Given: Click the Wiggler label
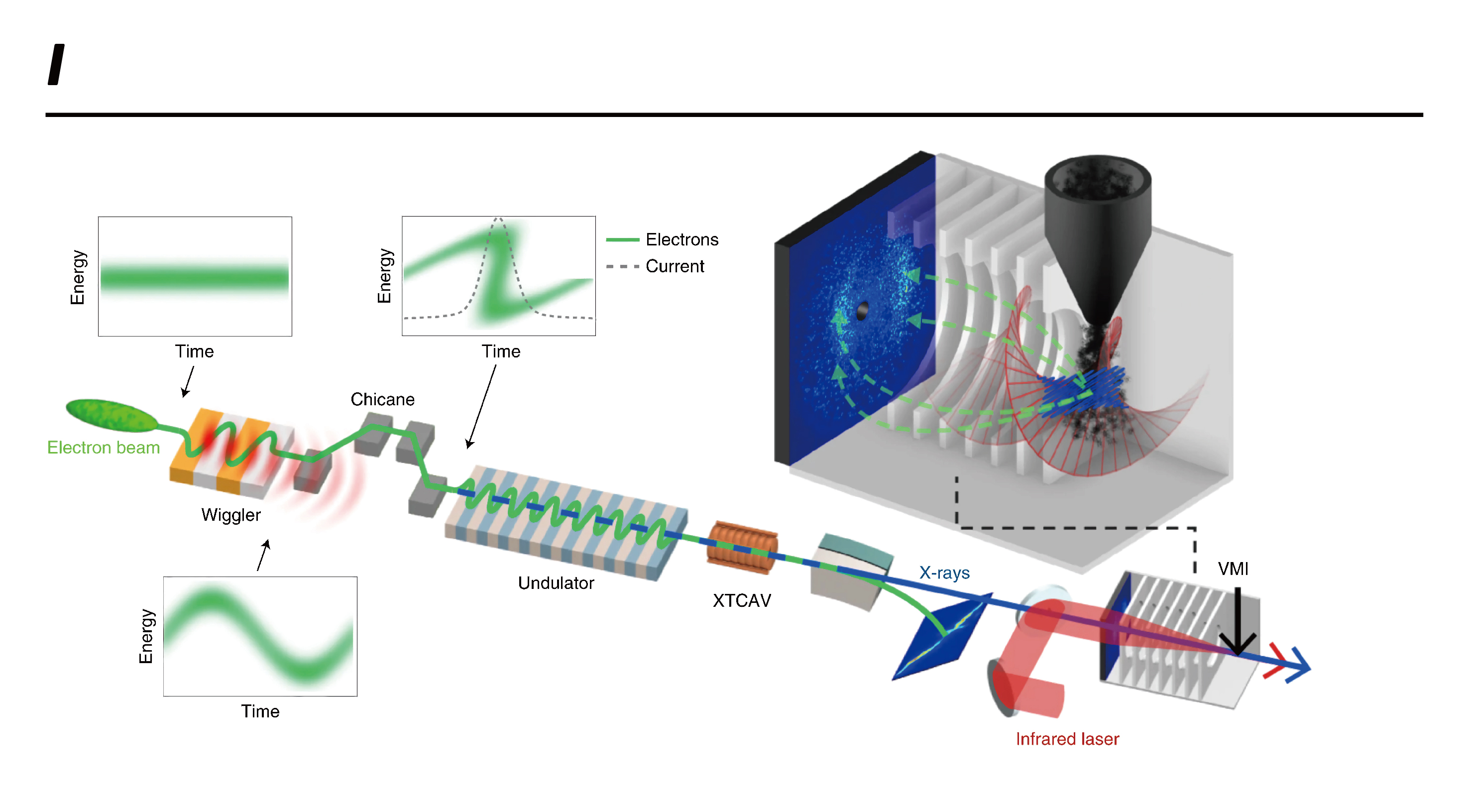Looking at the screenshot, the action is (231, 515).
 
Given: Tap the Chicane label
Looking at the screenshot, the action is (383, 399).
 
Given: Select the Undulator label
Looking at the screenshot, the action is (556, 583).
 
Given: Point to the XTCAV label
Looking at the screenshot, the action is (742, 600).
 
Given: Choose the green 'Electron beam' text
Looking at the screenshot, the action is (103, 448).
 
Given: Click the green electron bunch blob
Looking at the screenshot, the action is (112, 415).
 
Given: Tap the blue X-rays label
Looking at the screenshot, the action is (944, 573).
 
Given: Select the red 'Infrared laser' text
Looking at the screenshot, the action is (1068, 739).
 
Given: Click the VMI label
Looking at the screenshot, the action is (1233, 569).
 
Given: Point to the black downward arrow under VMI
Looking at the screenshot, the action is (1238, 622).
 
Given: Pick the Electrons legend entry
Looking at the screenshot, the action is (662, 239).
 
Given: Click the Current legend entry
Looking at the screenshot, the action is (655, 266).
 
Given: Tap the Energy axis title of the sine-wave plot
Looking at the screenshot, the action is (146, 636).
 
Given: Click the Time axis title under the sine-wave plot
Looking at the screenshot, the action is (260, 711).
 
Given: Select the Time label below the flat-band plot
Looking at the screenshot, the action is (195, 351).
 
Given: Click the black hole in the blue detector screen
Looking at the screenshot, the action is (862, 311).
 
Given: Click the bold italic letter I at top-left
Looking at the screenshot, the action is (56, 64).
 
